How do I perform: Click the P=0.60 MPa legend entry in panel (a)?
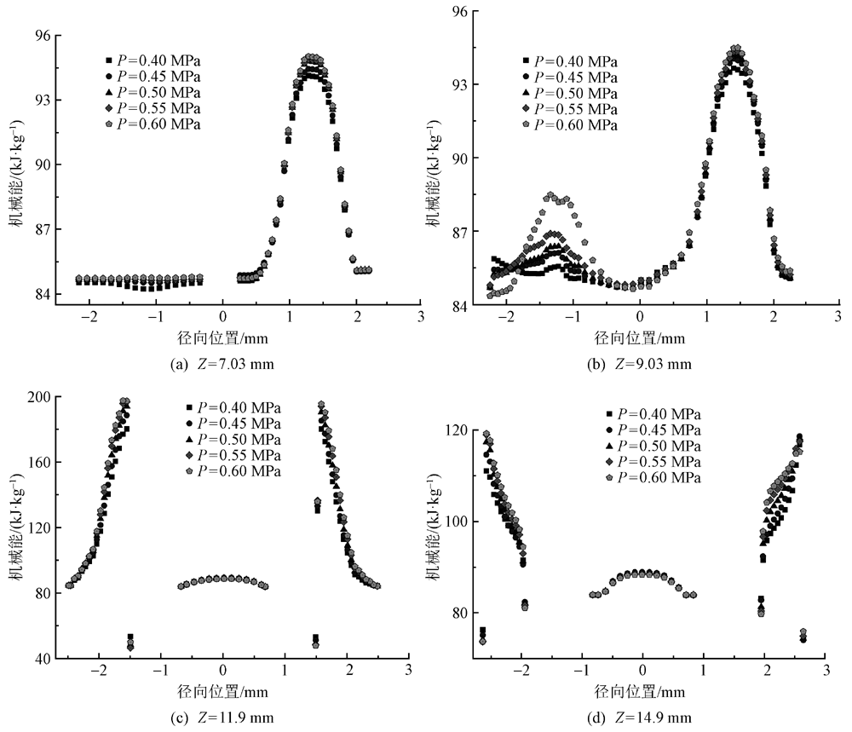(x=152, y=124)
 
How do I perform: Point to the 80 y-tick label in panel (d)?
(x=459, y=613)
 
